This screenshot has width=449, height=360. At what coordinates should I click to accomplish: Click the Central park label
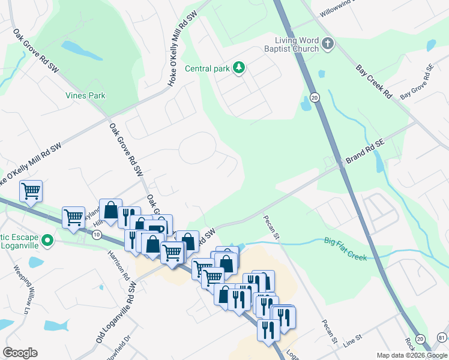[207, 68]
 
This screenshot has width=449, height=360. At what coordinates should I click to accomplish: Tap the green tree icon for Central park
[240, 68]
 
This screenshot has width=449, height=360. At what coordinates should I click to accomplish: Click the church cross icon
[327, 43]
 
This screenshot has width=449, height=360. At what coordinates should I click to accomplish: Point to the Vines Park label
[85, 95]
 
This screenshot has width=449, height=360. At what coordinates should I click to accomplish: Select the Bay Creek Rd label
[373, 82]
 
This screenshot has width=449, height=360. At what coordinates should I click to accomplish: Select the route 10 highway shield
[97, 234]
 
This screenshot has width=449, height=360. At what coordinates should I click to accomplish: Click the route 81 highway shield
[442, 339]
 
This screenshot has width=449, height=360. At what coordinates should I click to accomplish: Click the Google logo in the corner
[20, 353]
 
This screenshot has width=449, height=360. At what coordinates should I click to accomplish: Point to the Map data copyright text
[412, 355]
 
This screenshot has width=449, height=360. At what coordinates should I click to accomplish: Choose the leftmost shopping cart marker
[31, 191]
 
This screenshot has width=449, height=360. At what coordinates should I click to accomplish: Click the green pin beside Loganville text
[51, 241]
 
